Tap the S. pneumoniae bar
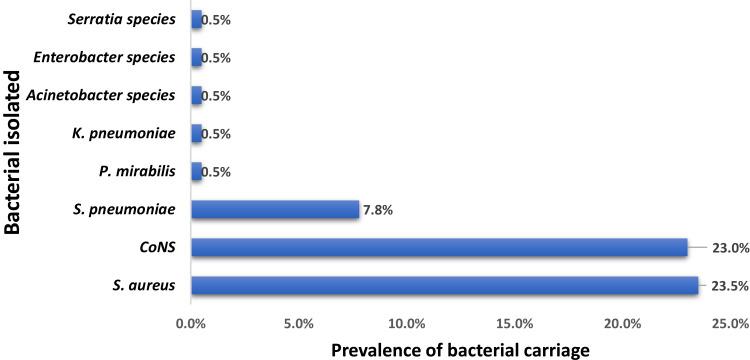point(274,209)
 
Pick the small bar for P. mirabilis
point(196,171)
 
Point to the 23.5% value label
point(725,286)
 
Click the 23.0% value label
point(725,248)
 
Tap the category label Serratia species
point(123,19)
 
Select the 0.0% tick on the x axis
point(189,323)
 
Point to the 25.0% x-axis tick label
point(727,323)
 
